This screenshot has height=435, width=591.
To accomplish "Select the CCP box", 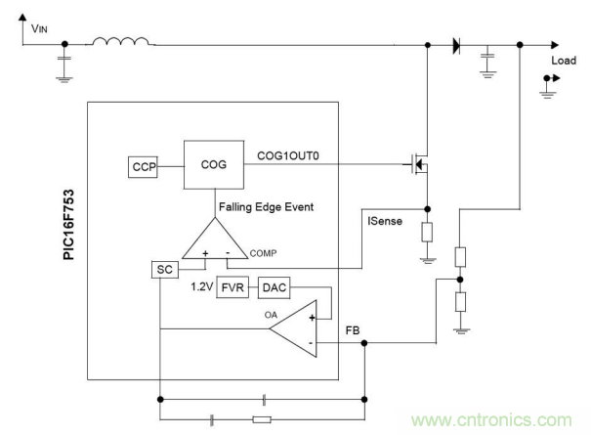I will click(144, 167).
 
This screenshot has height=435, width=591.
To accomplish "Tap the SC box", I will click(163, 268).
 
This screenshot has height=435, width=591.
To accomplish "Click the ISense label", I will click(385, 221).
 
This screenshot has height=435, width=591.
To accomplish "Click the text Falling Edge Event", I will click(266, 206).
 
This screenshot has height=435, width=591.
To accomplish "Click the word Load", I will click(564, 61).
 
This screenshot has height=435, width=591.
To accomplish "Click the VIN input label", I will click(39, 29).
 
